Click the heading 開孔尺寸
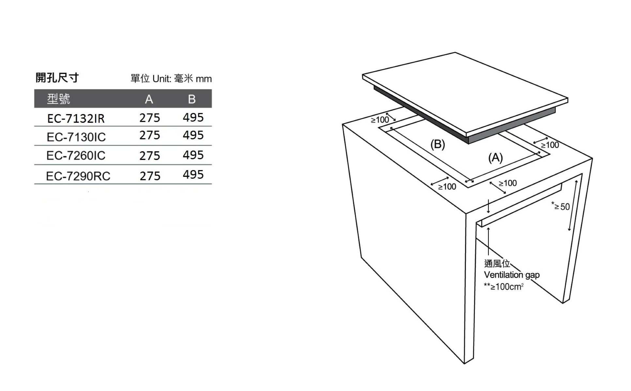[57, 78]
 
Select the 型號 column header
[58, 99]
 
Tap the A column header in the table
[149, 99]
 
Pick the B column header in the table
[192, 99]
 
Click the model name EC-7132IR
[76, 118]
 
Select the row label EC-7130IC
[76, 137]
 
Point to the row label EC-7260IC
[76, 156]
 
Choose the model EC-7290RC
[78, 176]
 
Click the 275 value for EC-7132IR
[150, 118]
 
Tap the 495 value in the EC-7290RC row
[193, 175]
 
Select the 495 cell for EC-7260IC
[193, 155]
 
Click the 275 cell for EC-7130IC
[150, 135]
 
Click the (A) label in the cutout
[496, 158]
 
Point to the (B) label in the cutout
[438, 144]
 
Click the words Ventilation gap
[512, 275]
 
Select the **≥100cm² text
[504, 286]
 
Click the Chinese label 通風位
[497, 263]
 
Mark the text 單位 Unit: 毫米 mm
[171, 79]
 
